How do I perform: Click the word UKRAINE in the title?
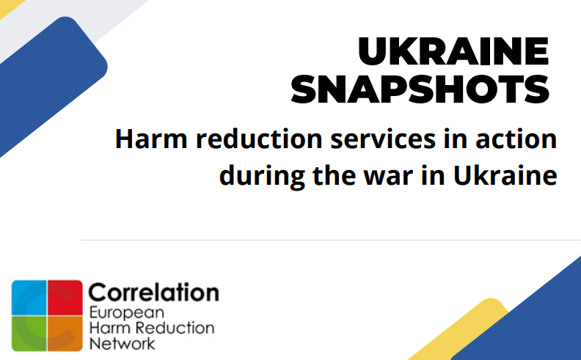point(453,51)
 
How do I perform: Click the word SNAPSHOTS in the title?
point(420,89)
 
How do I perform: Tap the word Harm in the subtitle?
point(151,139)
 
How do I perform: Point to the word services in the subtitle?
point(383,139)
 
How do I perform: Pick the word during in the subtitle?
point(262,176)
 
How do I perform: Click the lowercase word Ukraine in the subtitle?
point(505,175)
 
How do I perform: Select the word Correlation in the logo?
point(154,293)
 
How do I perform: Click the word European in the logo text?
point(127,313)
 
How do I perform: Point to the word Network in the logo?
point(122,343)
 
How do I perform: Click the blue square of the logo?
point(29,298)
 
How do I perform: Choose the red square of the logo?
point(65,298)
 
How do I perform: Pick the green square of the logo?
point(29,334)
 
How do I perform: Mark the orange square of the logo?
point(65,334)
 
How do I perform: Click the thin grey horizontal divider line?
point(331,240)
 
